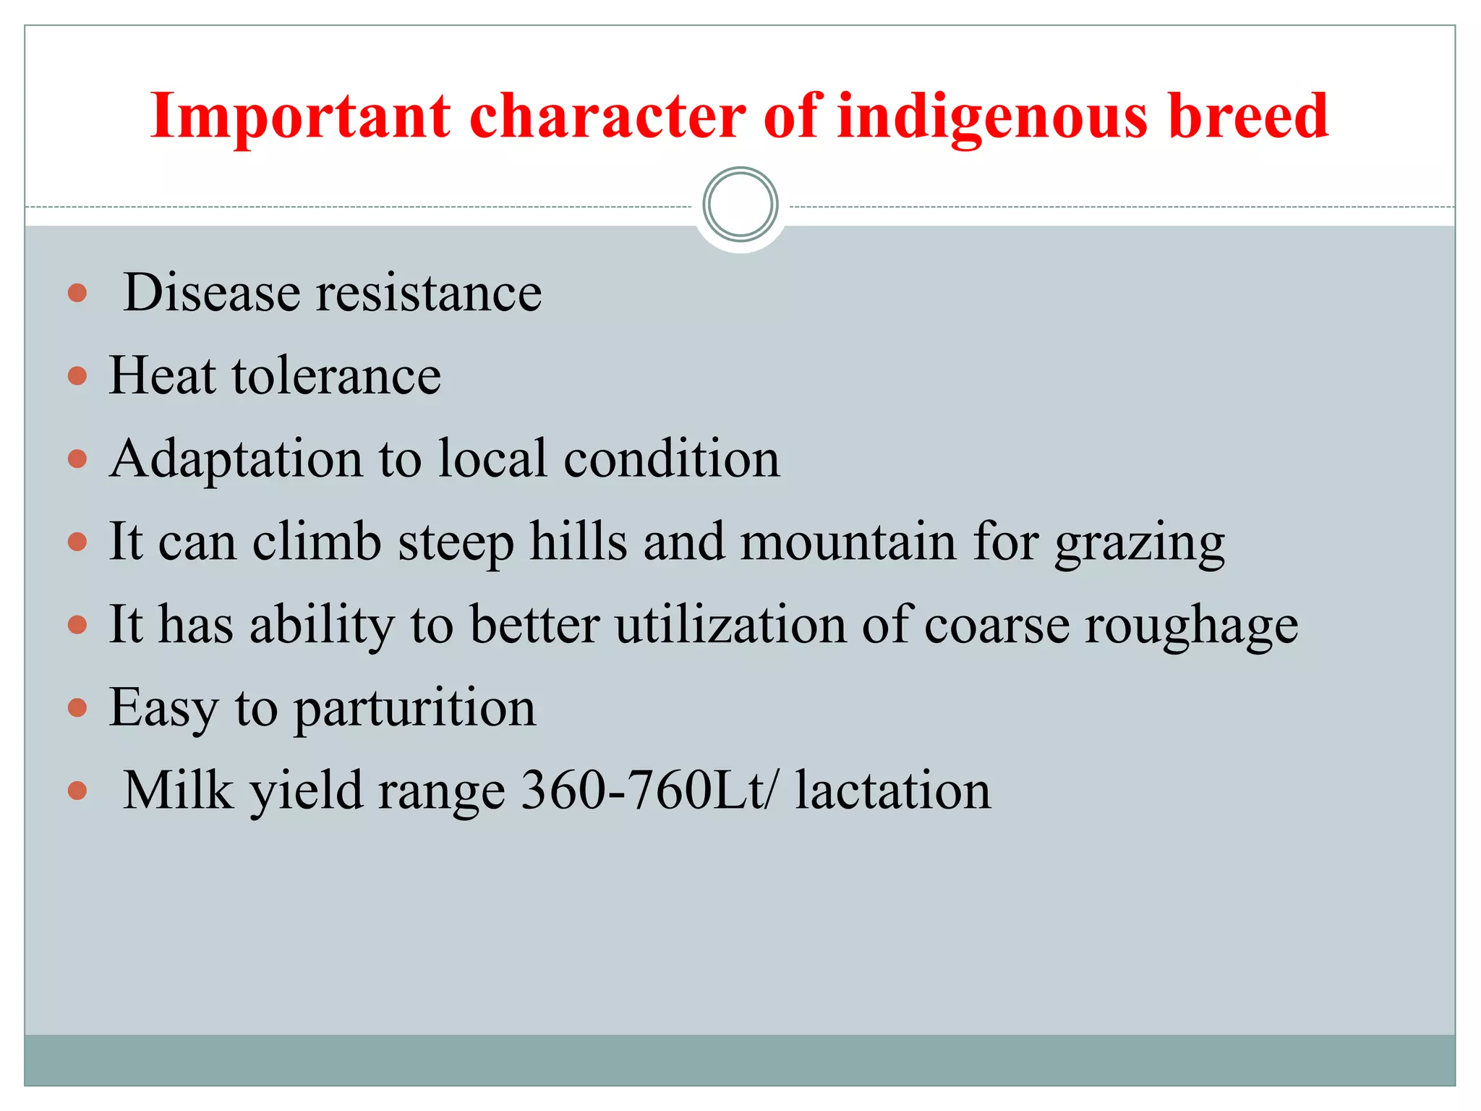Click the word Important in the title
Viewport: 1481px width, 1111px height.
(x=300, y=117)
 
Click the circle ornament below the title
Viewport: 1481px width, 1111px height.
(x=740, y=205)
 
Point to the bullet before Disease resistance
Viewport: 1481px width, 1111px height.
(x=77, y=293)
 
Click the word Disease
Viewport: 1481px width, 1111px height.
(x=212, y=293)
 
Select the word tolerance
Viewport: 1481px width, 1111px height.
(x=336, y=376)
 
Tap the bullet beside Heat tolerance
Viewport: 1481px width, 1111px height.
(x=77, y=376)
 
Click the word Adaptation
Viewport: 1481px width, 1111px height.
(x=236, y=459)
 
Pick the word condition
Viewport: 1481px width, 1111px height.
(x=672, y=459)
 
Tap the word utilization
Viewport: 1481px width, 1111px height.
(x=730, y=625)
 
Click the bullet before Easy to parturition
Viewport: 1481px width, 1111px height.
(x=77, y=707)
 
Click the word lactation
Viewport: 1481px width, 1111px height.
(x=893, y=791)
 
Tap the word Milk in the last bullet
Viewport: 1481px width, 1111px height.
(x=179, y=791)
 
